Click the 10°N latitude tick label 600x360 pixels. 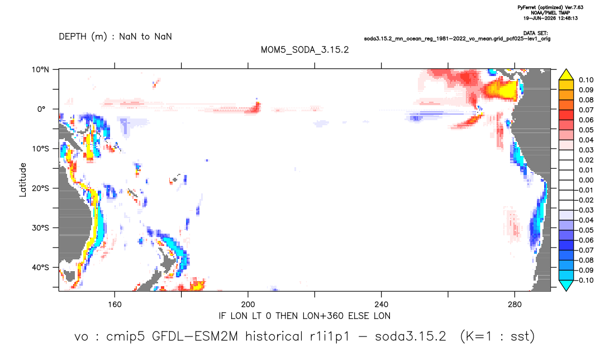[x=40, y=70]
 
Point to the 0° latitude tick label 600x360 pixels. [x=41, y=109]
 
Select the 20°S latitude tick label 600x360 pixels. [x=40, y=188]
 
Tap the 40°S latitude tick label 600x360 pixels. [x=40, y=267]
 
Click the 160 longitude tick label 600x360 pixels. [x=115, y=305]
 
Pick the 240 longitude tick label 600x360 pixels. [x=382, y=305]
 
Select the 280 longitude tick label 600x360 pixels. [x=515, y=305]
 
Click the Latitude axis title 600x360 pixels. [x=23, y=180]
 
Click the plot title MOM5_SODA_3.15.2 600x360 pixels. [x=305, y=50]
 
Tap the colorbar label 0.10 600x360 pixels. [x=586, y=80]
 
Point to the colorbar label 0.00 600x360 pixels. [x=586, y=180]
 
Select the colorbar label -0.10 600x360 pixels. [x=585, y=280]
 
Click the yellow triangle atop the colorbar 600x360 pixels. [x=566, y=75]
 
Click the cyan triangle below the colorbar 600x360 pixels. [x=566, y=285]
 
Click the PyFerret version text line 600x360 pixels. [x=550, y=7]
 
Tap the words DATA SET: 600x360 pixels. [x=535, y=34]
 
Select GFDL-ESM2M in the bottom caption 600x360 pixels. [x=195, y=337]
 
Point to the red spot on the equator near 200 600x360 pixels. [x=256, y=108]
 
